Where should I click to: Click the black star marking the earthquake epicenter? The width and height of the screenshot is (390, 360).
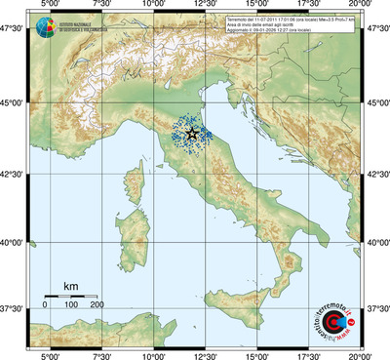coord(191,132)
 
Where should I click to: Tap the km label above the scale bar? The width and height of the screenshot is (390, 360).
coord(71,286)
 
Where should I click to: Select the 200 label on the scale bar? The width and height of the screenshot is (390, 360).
coord(97,305)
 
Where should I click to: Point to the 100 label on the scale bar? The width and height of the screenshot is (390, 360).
coord(71,305)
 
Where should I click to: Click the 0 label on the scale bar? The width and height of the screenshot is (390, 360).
coord(45,305)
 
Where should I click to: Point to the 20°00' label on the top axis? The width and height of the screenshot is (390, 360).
coord(363,6)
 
